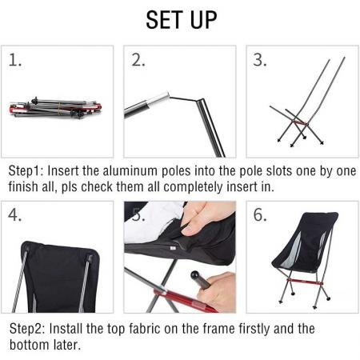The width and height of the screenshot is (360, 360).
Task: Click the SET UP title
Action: coord(179,20)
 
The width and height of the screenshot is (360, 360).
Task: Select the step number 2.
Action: coord(138,61)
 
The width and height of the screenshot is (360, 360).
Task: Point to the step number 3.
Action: coord(259,61)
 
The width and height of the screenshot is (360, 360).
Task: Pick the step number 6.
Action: coord(259,216)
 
